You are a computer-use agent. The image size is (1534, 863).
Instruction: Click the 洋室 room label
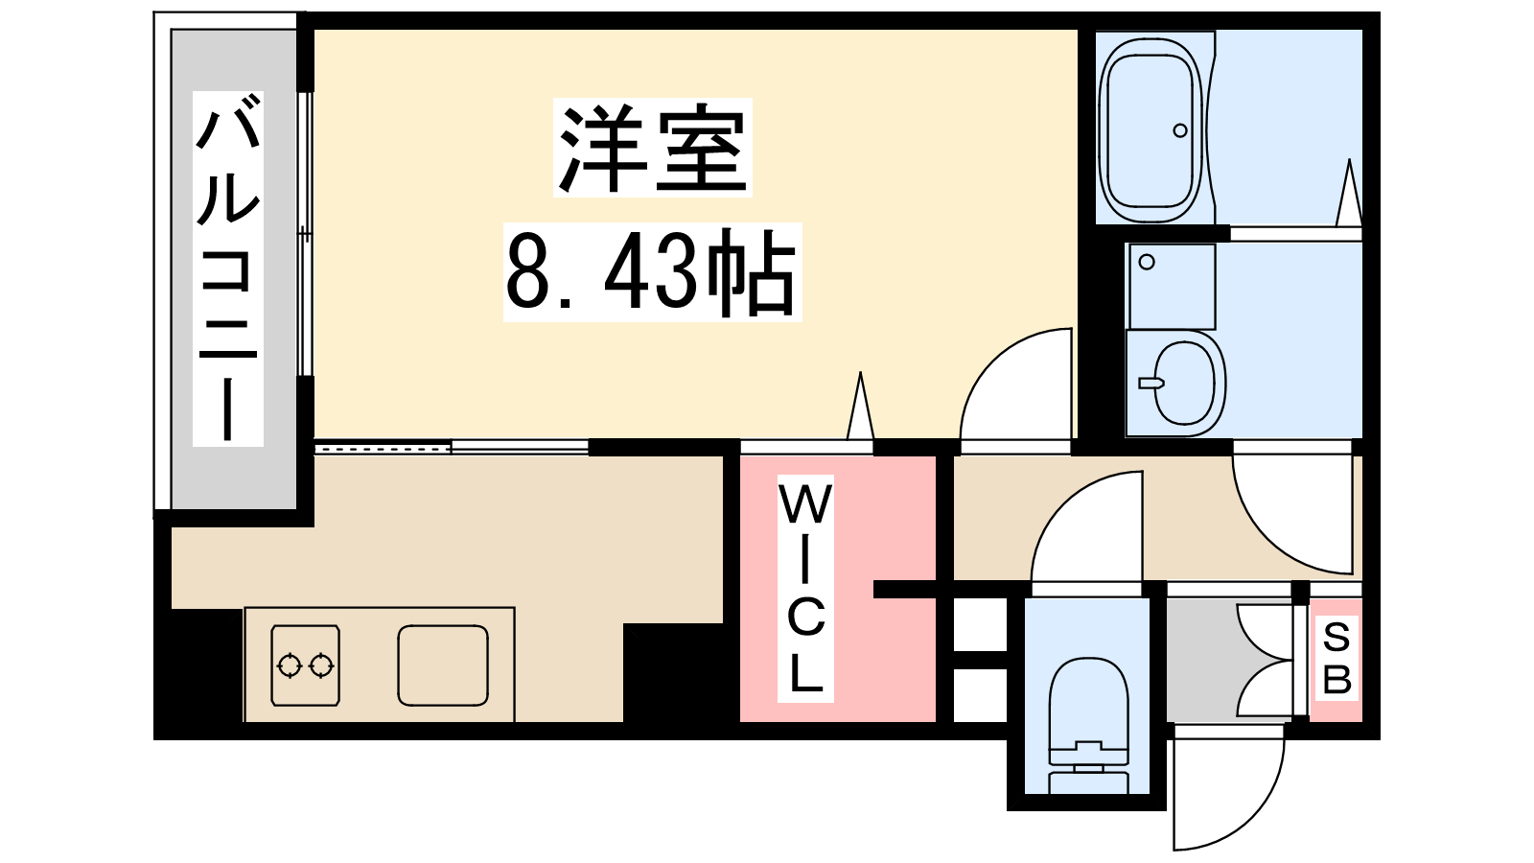[653, 149]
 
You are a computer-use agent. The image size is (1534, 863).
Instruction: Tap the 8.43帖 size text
[652, 272]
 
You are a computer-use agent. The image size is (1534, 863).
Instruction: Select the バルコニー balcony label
[228, 268]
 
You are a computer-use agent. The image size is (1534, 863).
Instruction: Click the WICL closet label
[805, 589]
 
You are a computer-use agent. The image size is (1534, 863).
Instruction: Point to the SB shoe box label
[1336, 658]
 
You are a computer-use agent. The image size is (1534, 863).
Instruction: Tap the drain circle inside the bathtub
[1180, 130]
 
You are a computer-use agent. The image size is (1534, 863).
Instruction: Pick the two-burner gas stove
[306, 665]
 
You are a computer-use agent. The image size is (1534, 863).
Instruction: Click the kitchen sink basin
[443, 665]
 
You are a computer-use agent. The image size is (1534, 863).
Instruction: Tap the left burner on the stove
[289, 665]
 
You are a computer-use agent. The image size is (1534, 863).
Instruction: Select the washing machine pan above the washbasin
[1172, 287]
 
